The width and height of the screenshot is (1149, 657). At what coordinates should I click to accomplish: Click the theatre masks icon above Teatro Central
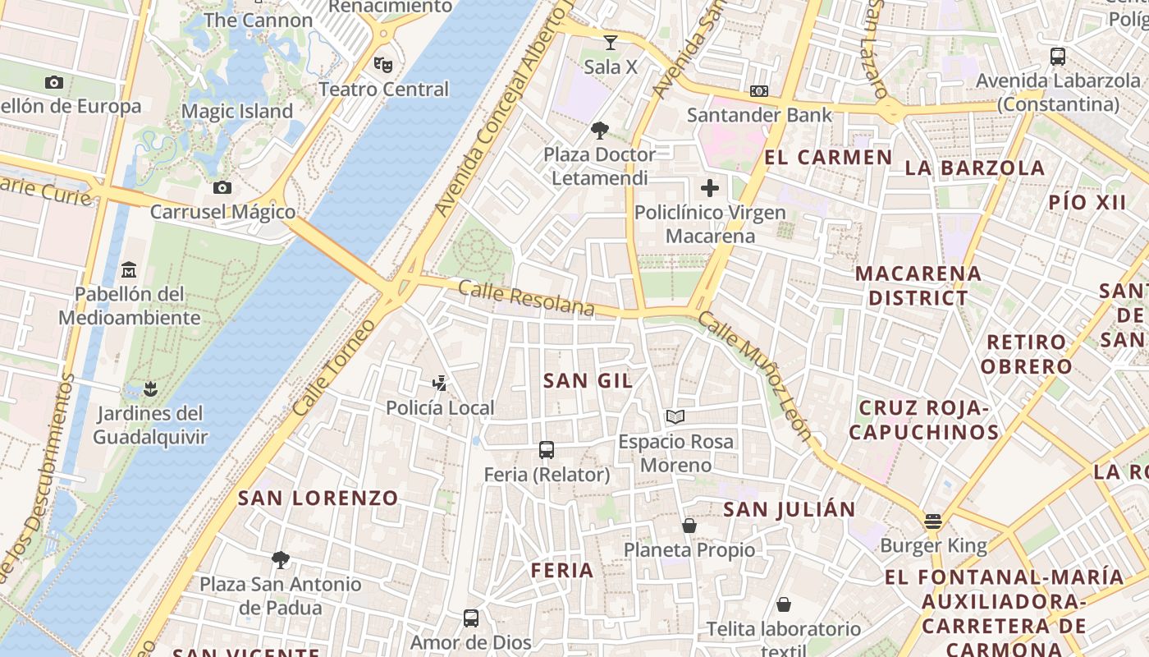click(382, 64)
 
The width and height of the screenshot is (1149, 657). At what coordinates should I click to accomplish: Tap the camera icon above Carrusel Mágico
click(222, 187)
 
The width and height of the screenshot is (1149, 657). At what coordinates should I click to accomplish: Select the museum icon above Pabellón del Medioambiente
click(129, 269)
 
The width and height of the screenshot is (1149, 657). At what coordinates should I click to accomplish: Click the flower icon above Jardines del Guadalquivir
click(149, 388)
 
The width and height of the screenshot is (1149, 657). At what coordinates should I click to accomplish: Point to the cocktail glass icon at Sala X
click(610, 42)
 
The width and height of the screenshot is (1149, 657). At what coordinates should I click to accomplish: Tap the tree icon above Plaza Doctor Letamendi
click(600, 130)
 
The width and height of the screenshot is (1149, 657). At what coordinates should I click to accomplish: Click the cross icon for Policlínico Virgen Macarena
click(710, 188)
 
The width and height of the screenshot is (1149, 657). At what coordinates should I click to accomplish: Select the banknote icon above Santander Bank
click(759, 90)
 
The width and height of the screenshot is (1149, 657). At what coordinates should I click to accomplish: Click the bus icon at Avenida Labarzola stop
click(1058, 57)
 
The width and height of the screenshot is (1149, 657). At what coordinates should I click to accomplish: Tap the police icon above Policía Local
click(440, 383)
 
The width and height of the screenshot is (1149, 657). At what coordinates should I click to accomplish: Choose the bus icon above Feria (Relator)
click(547, 449)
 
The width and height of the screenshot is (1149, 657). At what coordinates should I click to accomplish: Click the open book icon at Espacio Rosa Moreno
click(675, 416)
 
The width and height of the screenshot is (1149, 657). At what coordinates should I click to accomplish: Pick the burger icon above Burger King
click(932, 521)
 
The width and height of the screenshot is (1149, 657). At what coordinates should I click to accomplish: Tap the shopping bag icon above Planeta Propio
click(689, 525)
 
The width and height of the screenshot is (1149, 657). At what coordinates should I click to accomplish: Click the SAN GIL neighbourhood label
click(588, 380)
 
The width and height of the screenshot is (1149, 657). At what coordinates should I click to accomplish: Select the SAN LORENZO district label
click(318, 498)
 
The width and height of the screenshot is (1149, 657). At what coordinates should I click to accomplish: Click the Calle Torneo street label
click(333, 367)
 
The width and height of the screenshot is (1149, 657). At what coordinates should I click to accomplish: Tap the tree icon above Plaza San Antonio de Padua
click(281, 560)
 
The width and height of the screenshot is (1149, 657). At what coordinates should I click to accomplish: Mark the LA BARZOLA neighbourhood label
click(975, 168)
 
